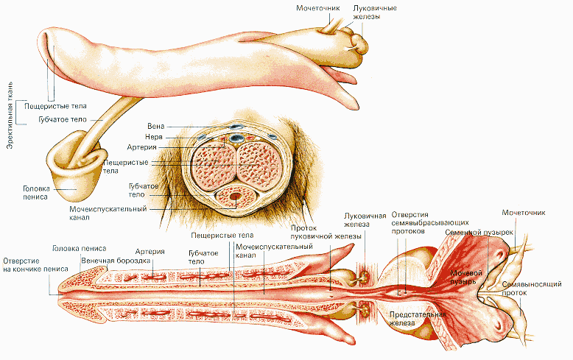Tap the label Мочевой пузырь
(466, 277)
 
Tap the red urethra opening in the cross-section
(235, 197)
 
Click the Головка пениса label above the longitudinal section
(79, 248)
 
